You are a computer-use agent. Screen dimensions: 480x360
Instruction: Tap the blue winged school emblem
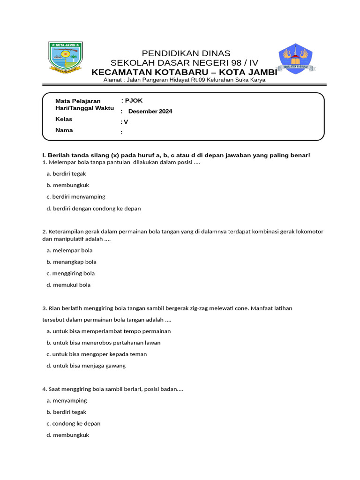[x=295, y=58]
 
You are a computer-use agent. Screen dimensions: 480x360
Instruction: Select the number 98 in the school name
[x=232, y=63]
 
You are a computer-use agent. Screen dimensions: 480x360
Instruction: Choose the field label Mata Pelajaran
[x=78, y=101]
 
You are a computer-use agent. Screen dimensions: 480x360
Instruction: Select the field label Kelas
[x=64, y=119]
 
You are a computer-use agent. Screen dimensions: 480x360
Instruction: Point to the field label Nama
[x=64, y=130]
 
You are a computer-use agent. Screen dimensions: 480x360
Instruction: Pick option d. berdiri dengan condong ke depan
[x=94, y=208]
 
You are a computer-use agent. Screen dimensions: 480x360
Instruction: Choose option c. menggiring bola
[x=71, y=273]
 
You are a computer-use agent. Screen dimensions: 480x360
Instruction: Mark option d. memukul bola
[x=68, y=285]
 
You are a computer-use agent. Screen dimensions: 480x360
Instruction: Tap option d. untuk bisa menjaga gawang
[x=86, y=366]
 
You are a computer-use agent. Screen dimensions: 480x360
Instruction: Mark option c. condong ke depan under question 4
[x=74, y=423]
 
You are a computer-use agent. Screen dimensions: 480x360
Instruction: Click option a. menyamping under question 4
[x=67, y=400]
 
